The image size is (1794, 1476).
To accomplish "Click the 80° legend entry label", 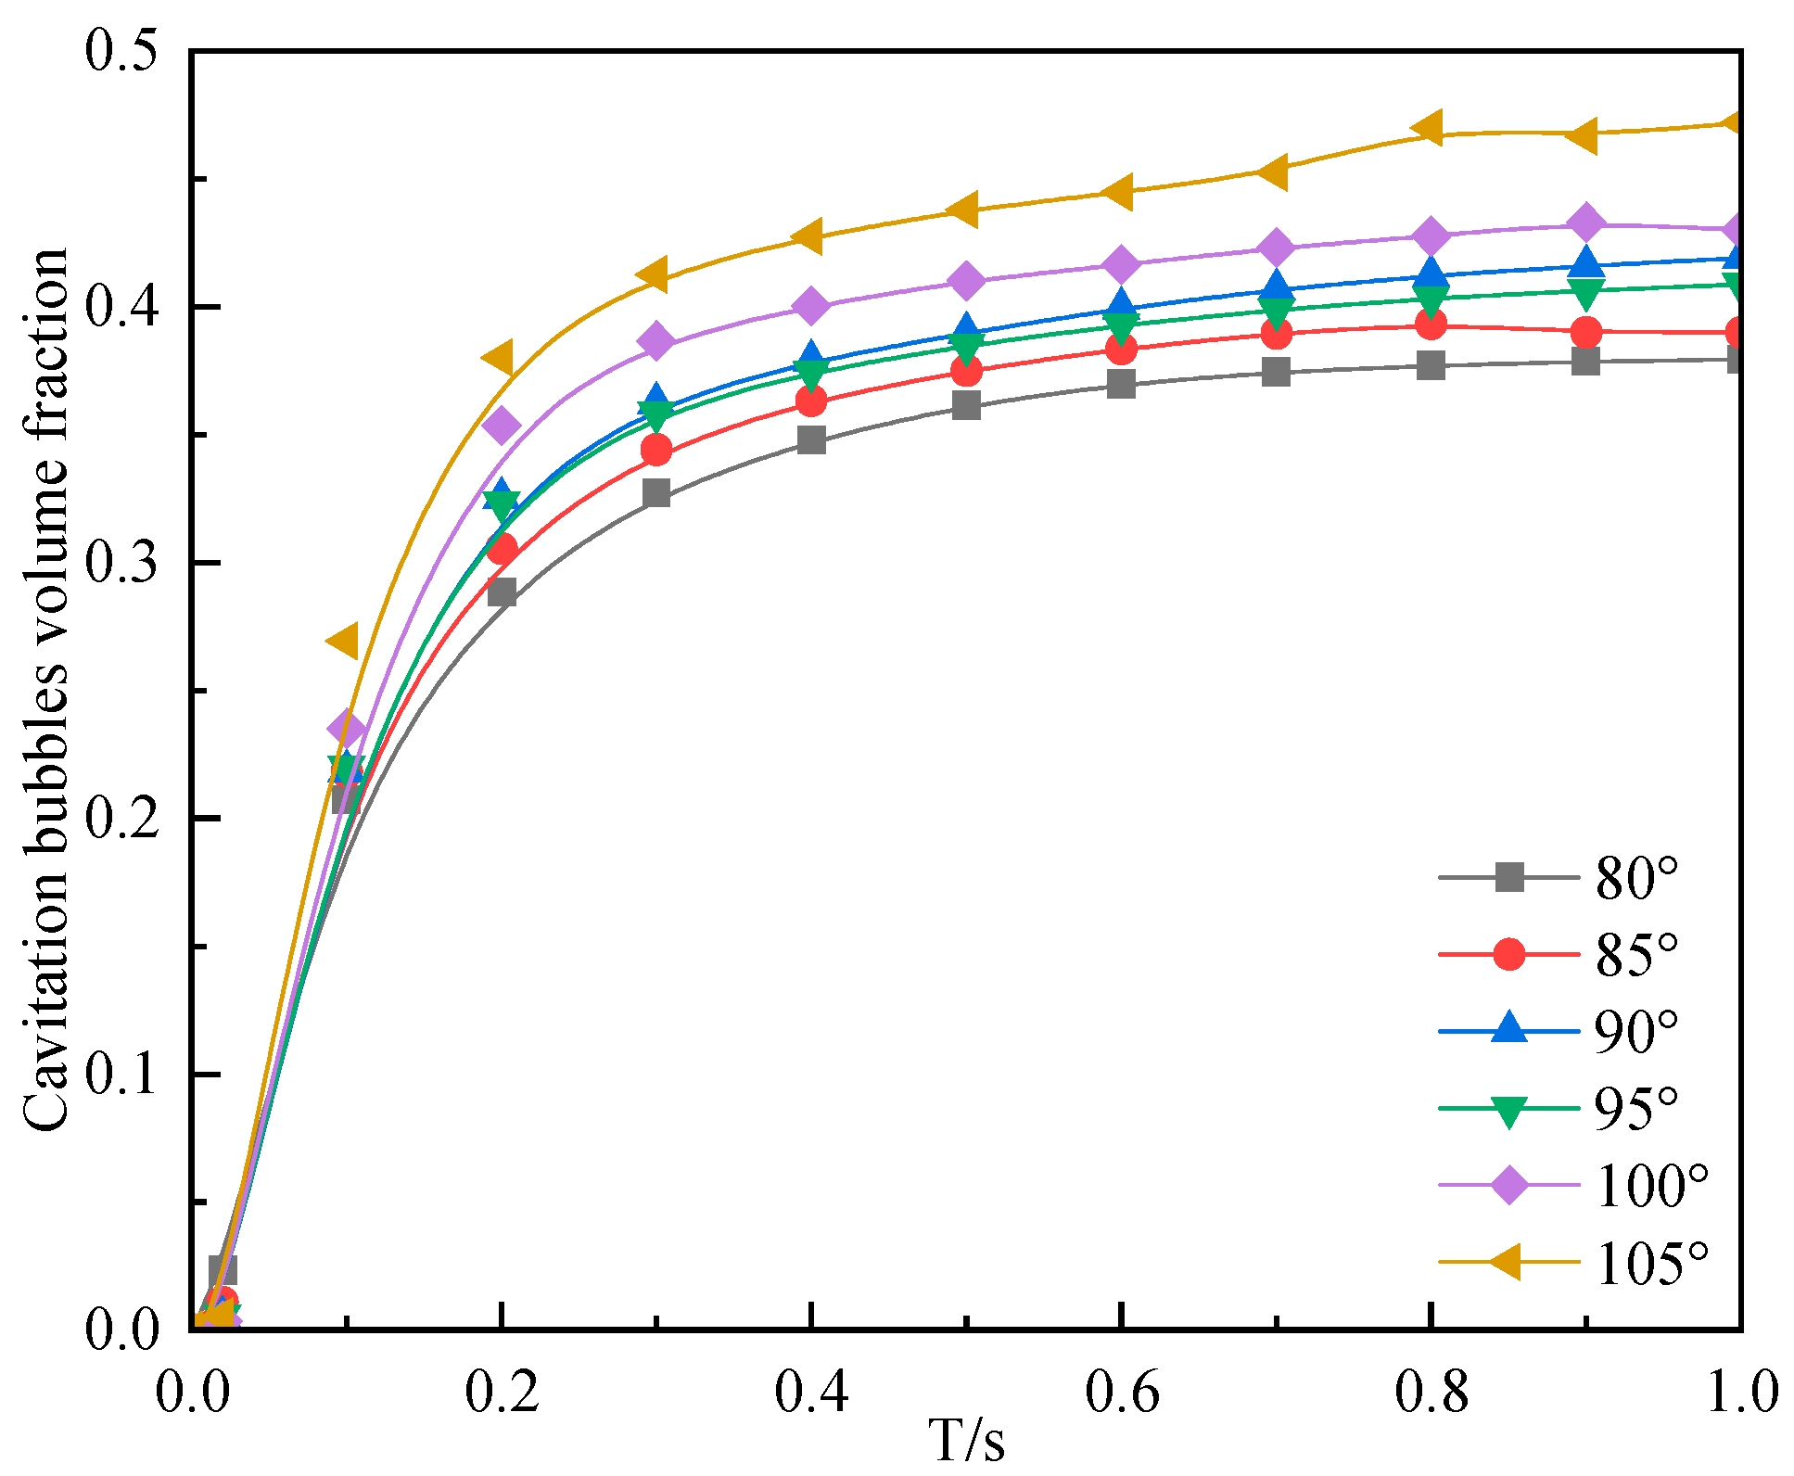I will coord(1636,878).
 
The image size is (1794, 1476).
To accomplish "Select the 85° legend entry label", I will coord(1636,954).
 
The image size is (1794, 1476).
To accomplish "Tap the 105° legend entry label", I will coord(1651,1262).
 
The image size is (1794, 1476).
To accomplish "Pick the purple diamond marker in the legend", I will coord(1509,1185).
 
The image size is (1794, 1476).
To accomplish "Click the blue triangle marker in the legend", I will coord(1509,1029).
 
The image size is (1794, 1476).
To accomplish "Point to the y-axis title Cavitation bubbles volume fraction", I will coord(46,690).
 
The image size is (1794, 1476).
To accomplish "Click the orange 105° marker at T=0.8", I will coord(1429,128).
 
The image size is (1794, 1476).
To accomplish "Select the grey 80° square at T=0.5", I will coord(966,405).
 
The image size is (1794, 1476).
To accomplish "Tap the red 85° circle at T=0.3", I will coord(656,451).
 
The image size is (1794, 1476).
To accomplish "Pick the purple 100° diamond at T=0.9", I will coord(1586,223).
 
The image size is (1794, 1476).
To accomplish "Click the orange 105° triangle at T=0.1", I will coord(343,641).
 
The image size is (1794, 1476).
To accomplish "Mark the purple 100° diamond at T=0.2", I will coord(502,426).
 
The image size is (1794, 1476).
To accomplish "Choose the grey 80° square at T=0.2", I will coord(502,592).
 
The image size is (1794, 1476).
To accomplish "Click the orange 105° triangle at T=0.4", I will coord(809,235).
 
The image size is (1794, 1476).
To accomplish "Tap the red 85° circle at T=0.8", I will coord(1431,324).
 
